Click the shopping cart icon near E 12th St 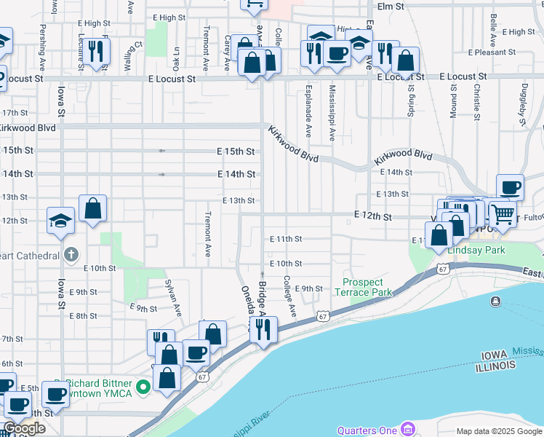[x=502, y=213]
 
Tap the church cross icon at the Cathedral [x=70, y=254]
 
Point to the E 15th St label [x=237, y=151]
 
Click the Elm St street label [x=390, y=6]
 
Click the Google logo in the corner [x=23, y=428]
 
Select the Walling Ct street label [x=133, y=58]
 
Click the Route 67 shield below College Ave [x=323, y=316]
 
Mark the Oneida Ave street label [x=245, y=305]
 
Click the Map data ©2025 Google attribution [x=499, y=431]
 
